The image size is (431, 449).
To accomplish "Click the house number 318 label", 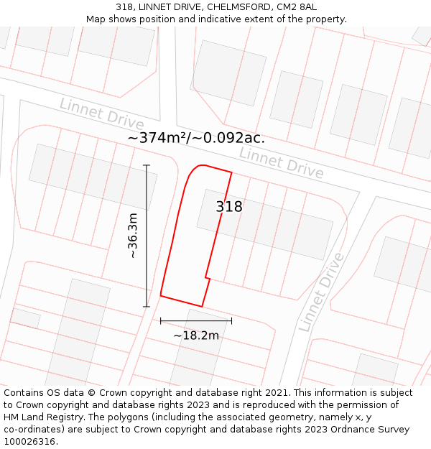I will (229, 207).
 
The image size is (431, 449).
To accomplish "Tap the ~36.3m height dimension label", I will (133, 236).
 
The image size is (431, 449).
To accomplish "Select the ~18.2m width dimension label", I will (195, 335).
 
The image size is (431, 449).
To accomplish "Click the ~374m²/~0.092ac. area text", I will (196, 138).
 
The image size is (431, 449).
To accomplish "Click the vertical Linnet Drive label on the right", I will (321, 291).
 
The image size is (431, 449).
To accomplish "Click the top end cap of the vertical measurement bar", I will (147, 165).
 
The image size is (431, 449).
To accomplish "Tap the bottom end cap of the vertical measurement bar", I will (147, 307).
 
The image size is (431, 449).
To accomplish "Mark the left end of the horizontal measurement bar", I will (160, 320).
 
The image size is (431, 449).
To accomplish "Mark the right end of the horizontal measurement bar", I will (231, 320).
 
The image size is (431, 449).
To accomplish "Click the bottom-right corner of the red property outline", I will (202, 307).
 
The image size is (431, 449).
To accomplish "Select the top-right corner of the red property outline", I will (231, 172).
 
